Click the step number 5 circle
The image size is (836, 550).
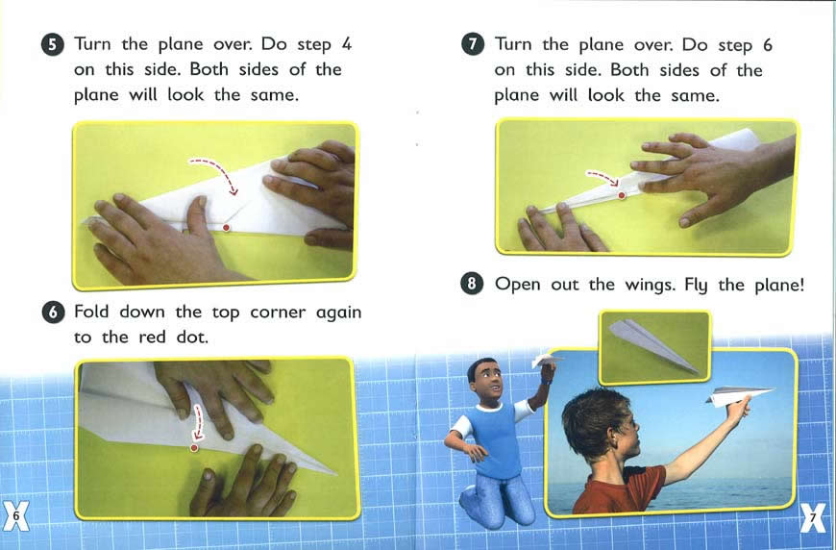[52, 45]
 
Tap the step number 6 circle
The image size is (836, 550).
[53, 312]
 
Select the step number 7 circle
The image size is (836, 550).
[473, 44]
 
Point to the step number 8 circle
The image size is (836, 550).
[471, 284]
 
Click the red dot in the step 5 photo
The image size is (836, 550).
[226, 228]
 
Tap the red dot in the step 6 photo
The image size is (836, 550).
[194, 447]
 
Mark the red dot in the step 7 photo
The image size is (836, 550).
[621, 196]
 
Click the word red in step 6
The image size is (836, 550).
[153, 337]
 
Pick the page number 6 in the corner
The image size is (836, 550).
[16, 515]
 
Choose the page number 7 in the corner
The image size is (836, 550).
[813, 517]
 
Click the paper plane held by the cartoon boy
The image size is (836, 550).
[546, 361]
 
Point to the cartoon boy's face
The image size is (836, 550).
[488, 381]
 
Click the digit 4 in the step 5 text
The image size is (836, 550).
[346, 43]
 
